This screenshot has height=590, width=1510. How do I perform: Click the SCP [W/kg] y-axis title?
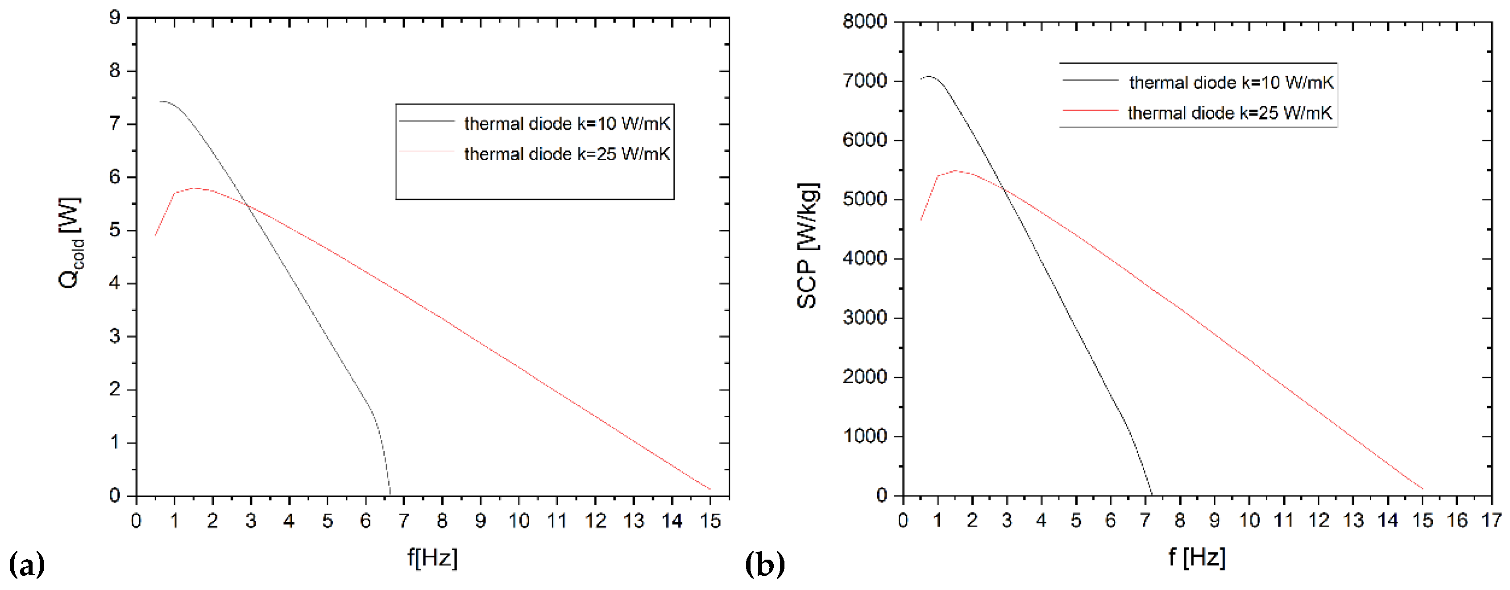pos(808,245)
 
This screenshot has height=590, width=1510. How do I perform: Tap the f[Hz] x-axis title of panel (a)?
pos(432,557)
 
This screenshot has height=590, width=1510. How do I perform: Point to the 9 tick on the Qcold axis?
pos(115,17)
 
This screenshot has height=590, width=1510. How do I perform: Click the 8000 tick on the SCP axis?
pos(865,22)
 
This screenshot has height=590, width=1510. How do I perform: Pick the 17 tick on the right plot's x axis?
pos(1491,520)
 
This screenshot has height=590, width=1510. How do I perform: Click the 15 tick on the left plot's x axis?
pos(710,520)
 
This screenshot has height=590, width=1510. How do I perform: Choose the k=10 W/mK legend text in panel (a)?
pos(567,124)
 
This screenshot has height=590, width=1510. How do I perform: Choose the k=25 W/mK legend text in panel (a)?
pos(567,154)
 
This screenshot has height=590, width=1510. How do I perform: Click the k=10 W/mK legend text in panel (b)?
pos(1231,83)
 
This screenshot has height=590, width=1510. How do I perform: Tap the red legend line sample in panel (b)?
pos(1090,110)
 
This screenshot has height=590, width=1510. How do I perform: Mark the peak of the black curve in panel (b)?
pos(929,76)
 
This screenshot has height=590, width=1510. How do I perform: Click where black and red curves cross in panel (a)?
pos(248,205)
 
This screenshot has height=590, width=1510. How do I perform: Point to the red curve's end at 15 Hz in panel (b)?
pos(1423,489)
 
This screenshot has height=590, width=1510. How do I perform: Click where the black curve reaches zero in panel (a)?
pos(390,494)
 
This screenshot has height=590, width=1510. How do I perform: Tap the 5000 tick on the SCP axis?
pos(865,199)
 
